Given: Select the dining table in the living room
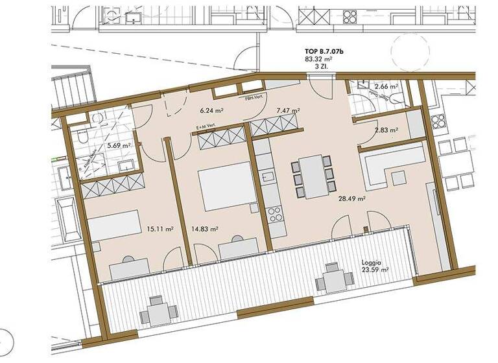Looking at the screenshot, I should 312,175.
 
